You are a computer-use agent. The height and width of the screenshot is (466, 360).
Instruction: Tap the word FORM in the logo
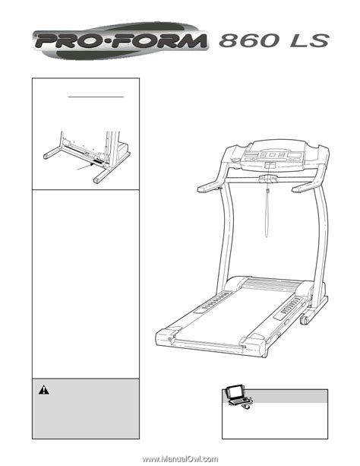pos(159,41)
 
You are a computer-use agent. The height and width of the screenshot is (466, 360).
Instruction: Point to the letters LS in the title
pos(309,41)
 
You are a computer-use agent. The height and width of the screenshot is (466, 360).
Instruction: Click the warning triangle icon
pos(43,390)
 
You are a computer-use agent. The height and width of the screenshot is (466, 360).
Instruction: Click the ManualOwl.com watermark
pos(180,459)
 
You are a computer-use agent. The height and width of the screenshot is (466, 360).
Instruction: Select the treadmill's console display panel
pos(272,156)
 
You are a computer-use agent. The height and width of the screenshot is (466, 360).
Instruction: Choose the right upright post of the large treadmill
pos(321,238)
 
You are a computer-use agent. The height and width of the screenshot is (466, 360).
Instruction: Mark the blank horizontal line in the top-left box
pos(96,97)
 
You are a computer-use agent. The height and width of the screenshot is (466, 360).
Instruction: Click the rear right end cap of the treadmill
pos(252,344)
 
